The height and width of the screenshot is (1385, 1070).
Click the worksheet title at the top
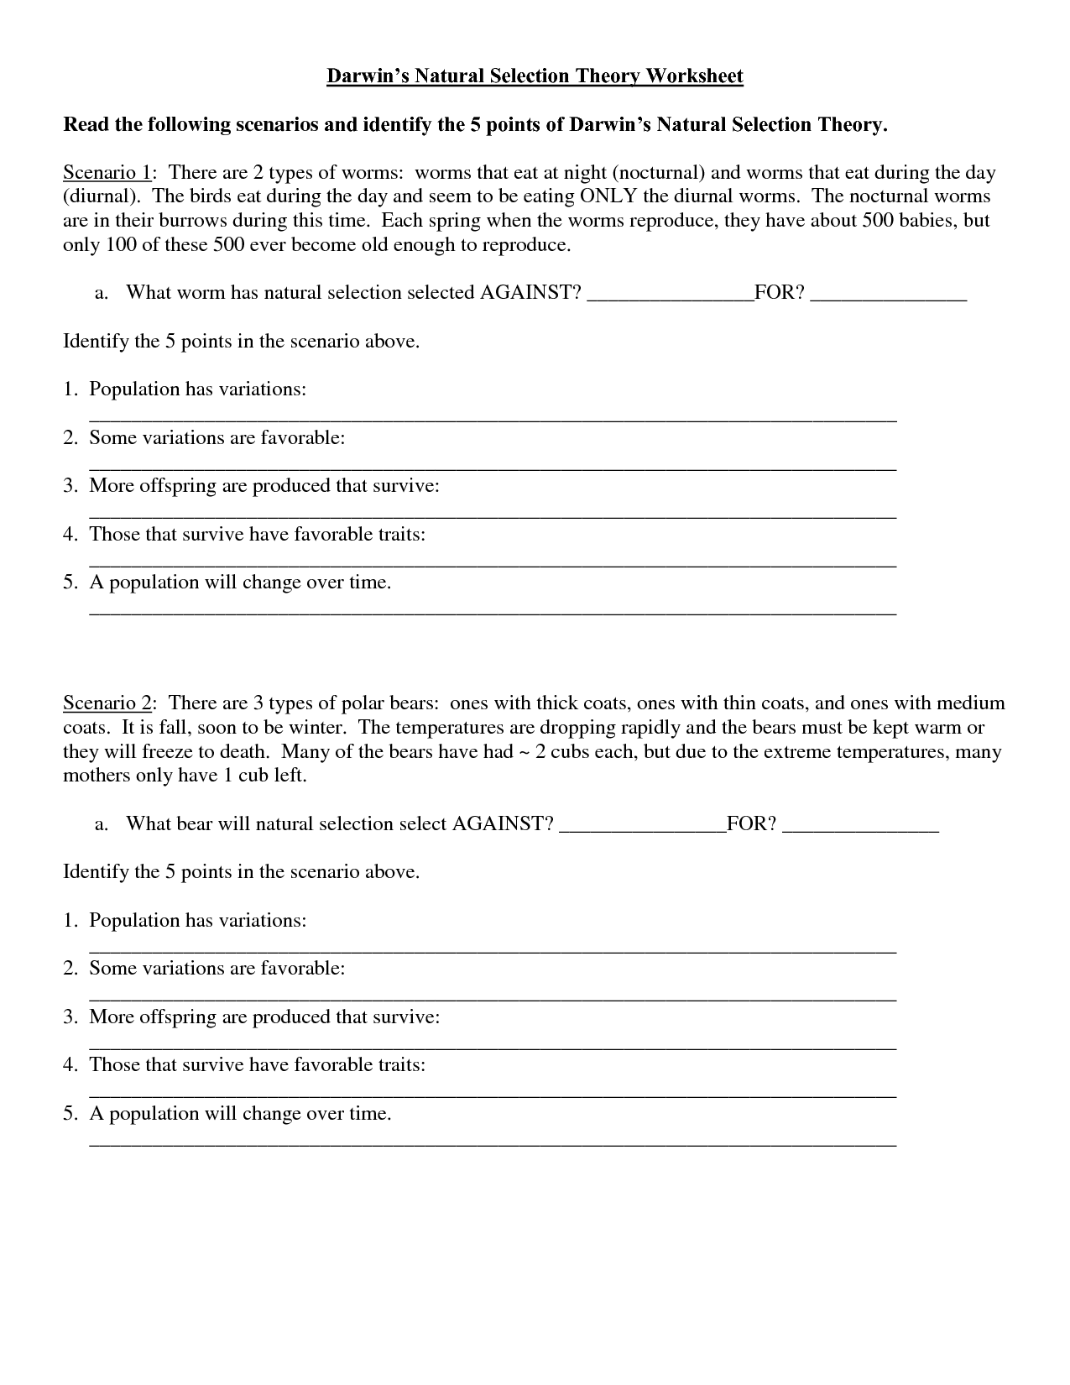535,76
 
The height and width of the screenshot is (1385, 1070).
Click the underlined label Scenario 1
107,173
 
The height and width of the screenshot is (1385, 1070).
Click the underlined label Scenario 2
108,703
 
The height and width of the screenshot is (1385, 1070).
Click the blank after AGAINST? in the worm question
670,294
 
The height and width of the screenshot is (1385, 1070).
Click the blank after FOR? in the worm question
889,294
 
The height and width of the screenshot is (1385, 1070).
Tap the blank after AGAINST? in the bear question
641,825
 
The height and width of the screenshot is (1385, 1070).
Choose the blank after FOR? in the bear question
860,825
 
